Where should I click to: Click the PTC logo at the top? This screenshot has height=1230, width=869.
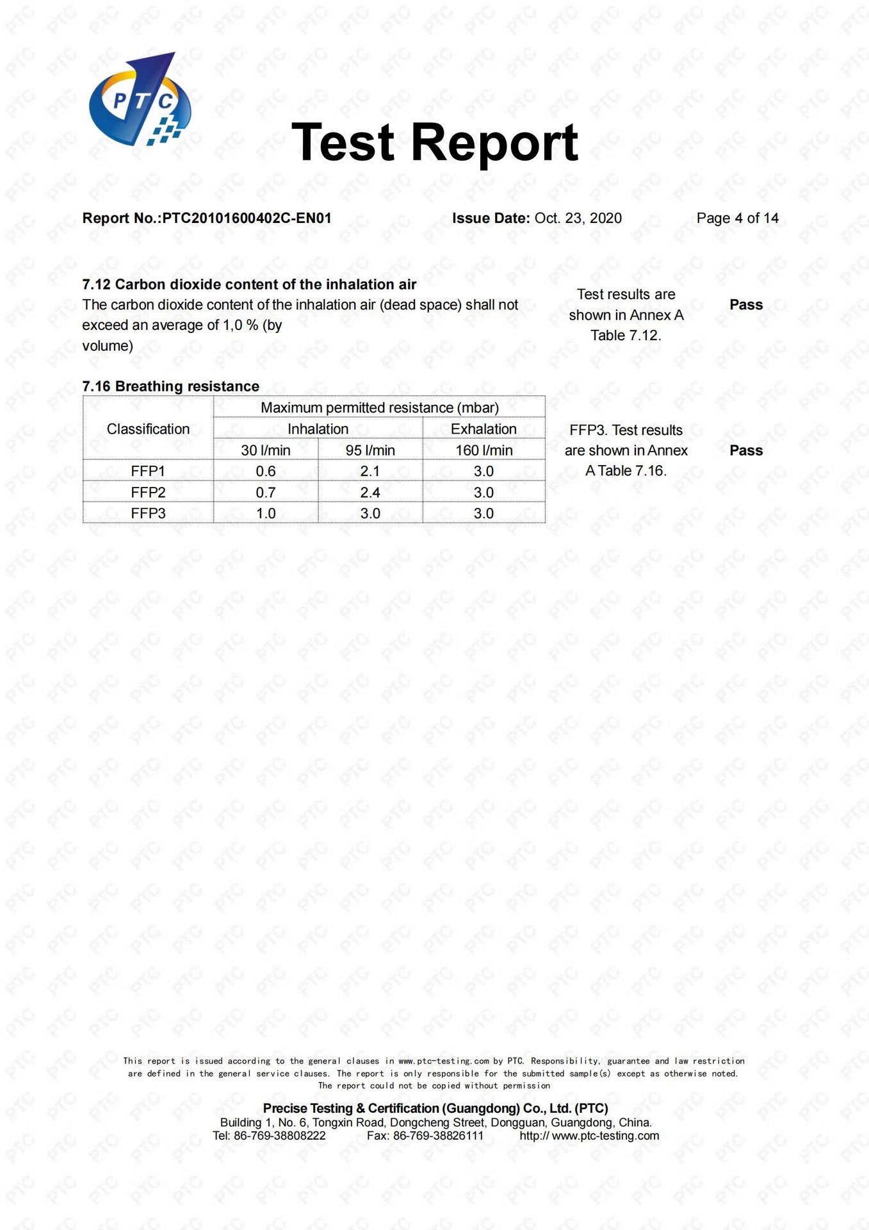[x=140, y=100]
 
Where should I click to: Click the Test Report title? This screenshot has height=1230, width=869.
[x=434, y=142]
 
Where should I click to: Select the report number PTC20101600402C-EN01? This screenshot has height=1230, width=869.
[x=247, y=218]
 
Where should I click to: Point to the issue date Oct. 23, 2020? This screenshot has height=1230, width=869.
[x=578, y=218]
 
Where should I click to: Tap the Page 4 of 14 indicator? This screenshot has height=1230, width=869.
[x=737, y=218]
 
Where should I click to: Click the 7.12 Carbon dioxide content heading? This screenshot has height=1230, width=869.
[x=249, y=284]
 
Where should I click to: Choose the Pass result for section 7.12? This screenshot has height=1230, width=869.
[x=746, y=305]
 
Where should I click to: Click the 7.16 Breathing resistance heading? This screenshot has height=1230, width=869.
[x=170, y=386]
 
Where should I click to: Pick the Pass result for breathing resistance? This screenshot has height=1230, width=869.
[x=746, y=450]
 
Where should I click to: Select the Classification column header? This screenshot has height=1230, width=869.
[x=148, y=429]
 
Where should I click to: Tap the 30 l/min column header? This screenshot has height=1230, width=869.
[x=266, y=450]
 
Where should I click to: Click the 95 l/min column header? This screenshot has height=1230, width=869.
[x=370, y=450]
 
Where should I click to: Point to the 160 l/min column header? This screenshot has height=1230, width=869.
[x=483, y=450]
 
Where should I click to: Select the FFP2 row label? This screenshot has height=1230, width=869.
[x=148, y=492]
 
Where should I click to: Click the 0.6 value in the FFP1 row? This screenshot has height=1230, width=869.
[x=266, y=471]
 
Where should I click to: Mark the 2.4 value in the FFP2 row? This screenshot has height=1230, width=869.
[x=370, y=492]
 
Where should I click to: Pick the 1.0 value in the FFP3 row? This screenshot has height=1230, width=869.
[x=266, y=513]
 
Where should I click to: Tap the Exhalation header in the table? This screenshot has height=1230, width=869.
[x=483, y=429]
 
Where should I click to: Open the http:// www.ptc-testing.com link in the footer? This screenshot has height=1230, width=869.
[x=589, y=1136]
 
